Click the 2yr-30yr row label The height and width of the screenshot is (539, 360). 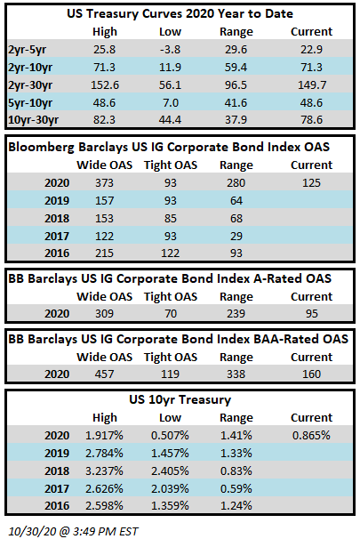pos(30,84)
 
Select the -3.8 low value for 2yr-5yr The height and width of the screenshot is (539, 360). pos(170,50)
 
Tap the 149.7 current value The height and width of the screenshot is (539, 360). pos(312,84)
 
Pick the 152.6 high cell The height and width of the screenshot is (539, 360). pos(105,84)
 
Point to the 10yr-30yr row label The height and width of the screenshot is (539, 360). pos(33,120)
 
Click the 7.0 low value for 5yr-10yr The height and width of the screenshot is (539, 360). pos(171,103)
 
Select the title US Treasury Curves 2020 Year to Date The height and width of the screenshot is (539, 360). pos(180,13)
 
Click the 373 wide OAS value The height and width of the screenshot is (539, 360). pos(104,183)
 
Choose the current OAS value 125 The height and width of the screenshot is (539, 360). pos(312,183)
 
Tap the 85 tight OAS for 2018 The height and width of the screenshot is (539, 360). pos(171,219)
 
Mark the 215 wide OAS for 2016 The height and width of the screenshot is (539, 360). pos(104,253)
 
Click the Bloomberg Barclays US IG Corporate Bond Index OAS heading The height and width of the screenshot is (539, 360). pos(169,147)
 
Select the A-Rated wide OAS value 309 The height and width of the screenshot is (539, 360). pos(104,314)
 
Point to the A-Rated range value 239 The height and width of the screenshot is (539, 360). pos(236,314)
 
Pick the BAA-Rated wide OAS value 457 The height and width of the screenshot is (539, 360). pos(104,374)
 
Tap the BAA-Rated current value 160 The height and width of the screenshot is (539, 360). pos(312,374)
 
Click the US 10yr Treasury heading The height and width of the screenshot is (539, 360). pos(180,399)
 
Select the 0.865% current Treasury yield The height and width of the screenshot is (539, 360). pos(311,436)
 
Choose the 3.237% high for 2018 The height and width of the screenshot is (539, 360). pos(104,471)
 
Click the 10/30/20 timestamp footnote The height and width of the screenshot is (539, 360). pos(73,531)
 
